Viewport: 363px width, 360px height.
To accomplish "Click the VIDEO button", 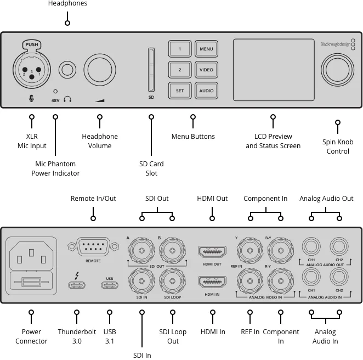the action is [x=206, y=70].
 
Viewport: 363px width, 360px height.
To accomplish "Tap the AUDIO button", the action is [x=206, y=91].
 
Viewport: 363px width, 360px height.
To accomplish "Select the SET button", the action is [x=180, y=91].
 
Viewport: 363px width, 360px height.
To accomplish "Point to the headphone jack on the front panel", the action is [x=67, y=70].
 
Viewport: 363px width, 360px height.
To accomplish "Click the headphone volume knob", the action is [x=100, y=70].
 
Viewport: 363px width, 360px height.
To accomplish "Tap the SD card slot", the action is [x=151, y=70].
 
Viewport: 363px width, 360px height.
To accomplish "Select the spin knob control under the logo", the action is [x=338, y=70].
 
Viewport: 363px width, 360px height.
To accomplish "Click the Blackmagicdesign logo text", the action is [x=335, y=44].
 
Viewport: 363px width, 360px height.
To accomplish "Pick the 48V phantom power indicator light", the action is [x=55, y=92].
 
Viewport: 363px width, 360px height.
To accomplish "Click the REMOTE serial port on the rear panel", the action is [x=93, y=246].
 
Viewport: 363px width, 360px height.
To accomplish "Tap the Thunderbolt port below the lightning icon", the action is [x=77, y=285].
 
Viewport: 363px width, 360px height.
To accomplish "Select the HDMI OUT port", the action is [x=212, y=251].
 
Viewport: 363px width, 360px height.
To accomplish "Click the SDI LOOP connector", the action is [x=172, y=281].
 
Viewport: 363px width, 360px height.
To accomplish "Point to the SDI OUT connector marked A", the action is [x=141, y=251].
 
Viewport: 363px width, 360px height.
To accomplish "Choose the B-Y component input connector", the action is [x=281, y=251].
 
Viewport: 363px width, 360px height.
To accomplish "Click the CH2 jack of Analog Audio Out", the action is [x=339, y=246].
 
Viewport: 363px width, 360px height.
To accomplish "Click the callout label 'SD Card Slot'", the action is [x=151, y=168].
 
